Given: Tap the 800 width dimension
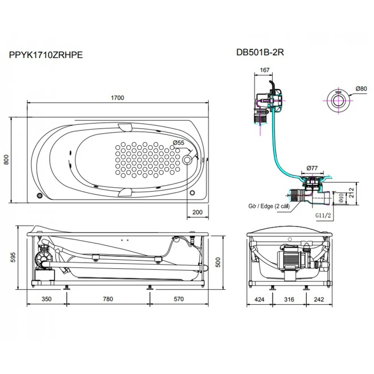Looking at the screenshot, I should (x=7, y=160).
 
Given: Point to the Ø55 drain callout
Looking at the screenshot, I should (x=178, y=143).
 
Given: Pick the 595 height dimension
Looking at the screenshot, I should (x=7, y=257).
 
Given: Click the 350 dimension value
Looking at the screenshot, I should (x=46, y=299).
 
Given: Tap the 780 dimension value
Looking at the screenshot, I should (x=108, y=299).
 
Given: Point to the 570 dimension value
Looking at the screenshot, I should (x=178, y=299).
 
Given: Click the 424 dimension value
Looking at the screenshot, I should (x=259, y=299).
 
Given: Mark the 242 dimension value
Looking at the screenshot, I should (x=318, y=299).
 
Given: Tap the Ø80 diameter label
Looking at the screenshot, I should (x=361, y=88).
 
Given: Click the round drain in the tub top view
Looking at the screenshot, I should (x=188, y=160).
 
